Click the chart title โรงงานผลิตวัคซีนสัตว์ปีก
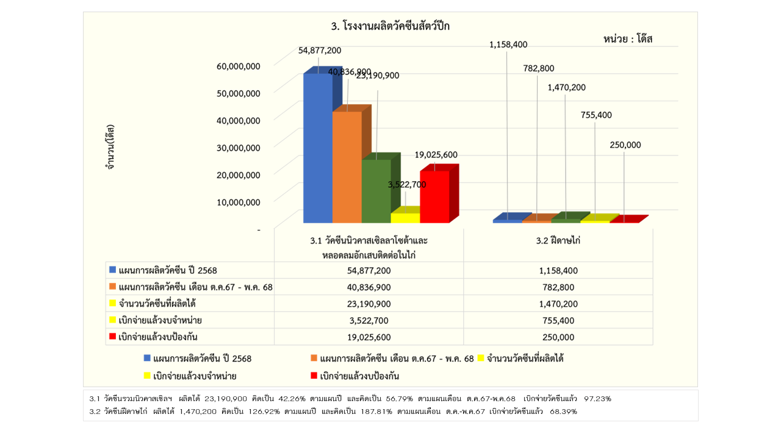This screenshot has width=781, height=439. click(390, 26)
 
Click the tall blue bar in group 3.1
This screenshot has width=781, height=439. click(317, 149)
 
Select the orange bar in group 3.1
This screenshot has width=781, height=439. click(347, 168)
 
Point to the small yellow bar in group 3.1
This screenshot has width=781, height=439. click(405, 218)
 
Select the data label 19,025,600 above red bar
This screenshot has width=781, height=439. click(436, 155)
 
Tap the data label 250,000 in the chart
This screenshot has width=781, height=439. click(625, 145)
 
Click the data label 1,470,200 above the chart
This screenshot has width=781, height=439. click(566, 87)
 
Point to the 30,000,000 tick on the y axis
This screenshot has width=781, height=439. click(238, 147)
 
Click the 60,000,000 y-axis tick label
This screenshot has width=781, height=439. click(238, 66)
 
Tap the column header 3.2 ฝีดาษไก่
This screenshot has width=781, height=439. click(558, 241)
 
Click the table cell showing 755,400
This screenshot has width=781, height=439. click(558, 320)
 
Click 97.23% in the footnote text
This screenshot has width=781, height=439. click(597, 398)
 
